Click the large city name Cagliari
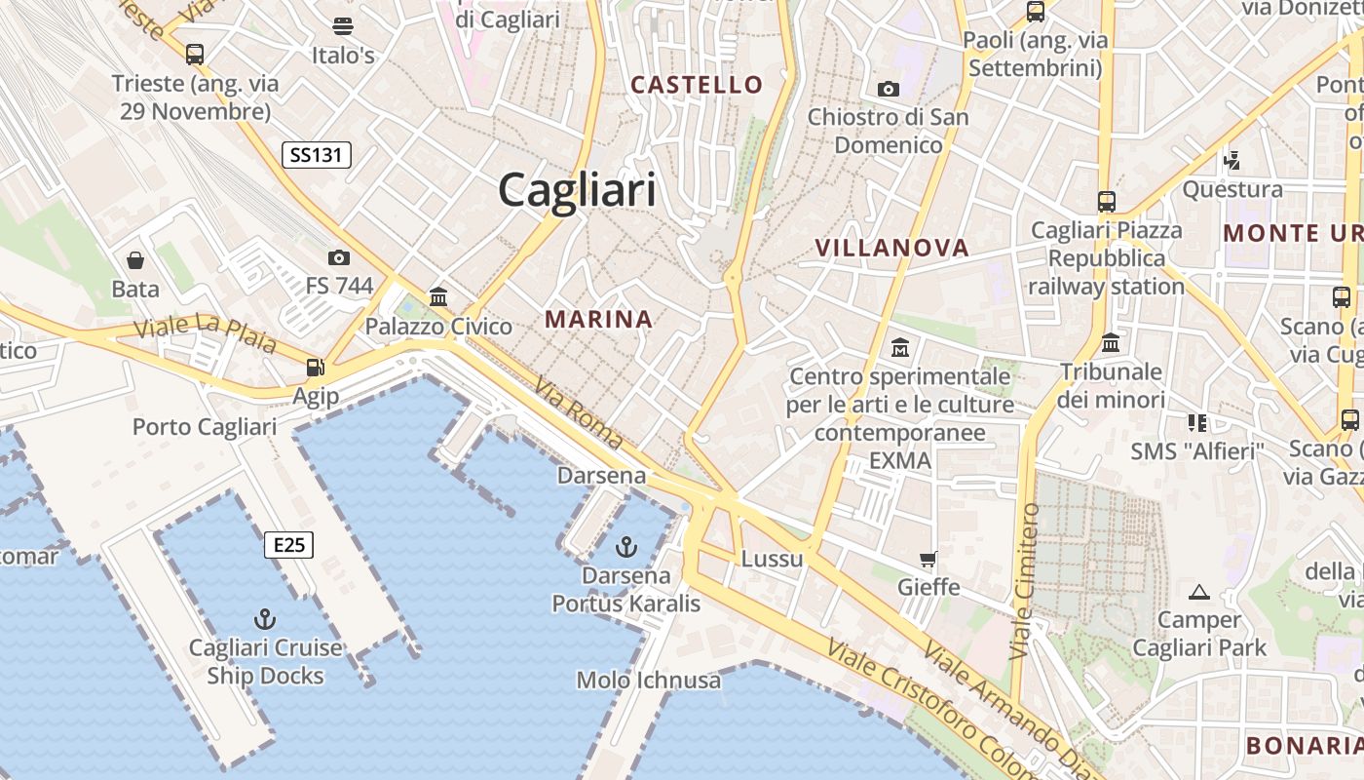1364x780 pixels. (577, 189)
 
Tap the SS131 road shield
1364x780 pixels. (317, 154)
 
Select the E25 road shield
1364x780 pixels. (289, 545)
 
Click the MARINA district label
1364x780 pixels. (598, 319)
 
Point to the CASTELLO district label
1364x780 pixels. (697, 85)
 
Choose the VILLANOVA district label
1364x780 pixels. (892, 248)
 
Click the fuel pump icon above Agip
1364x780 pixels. (315, 368)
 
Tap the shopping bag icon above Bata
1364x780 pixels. (135, 260)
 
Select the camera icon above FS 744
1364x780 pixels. (339, 257)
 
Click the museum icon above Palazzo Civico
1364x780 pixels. (438, 297)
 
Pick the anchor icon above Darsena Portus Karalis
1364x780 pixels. (627, 546)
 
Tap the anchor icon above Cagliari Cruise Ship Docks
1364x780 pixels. (264, 618)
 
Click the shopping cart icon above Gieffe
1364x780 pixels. (928, 559)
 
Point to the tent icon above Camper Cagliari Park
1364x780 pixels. (1199, 591)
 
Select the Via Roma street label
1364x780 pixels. (578, 413)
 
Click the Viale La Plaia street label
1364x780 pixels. (205, 333)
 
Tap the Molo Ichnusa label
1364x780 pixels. (649, 680)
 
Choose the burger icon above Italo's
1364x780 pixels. (343, 26)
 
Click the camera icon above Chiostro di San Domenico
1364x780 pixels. (889, 89)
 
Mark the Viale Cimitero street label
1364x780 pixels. (1025, 581)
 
